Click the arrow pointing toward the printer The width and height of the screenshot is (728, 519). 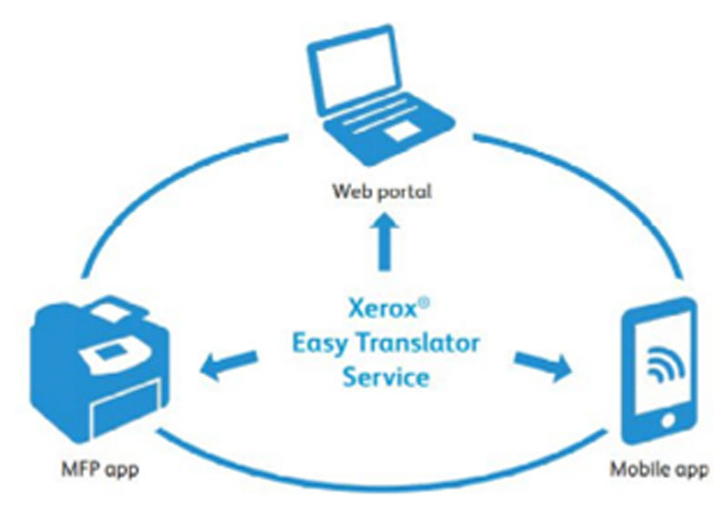pyautogui.click(x=225, y=364)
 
